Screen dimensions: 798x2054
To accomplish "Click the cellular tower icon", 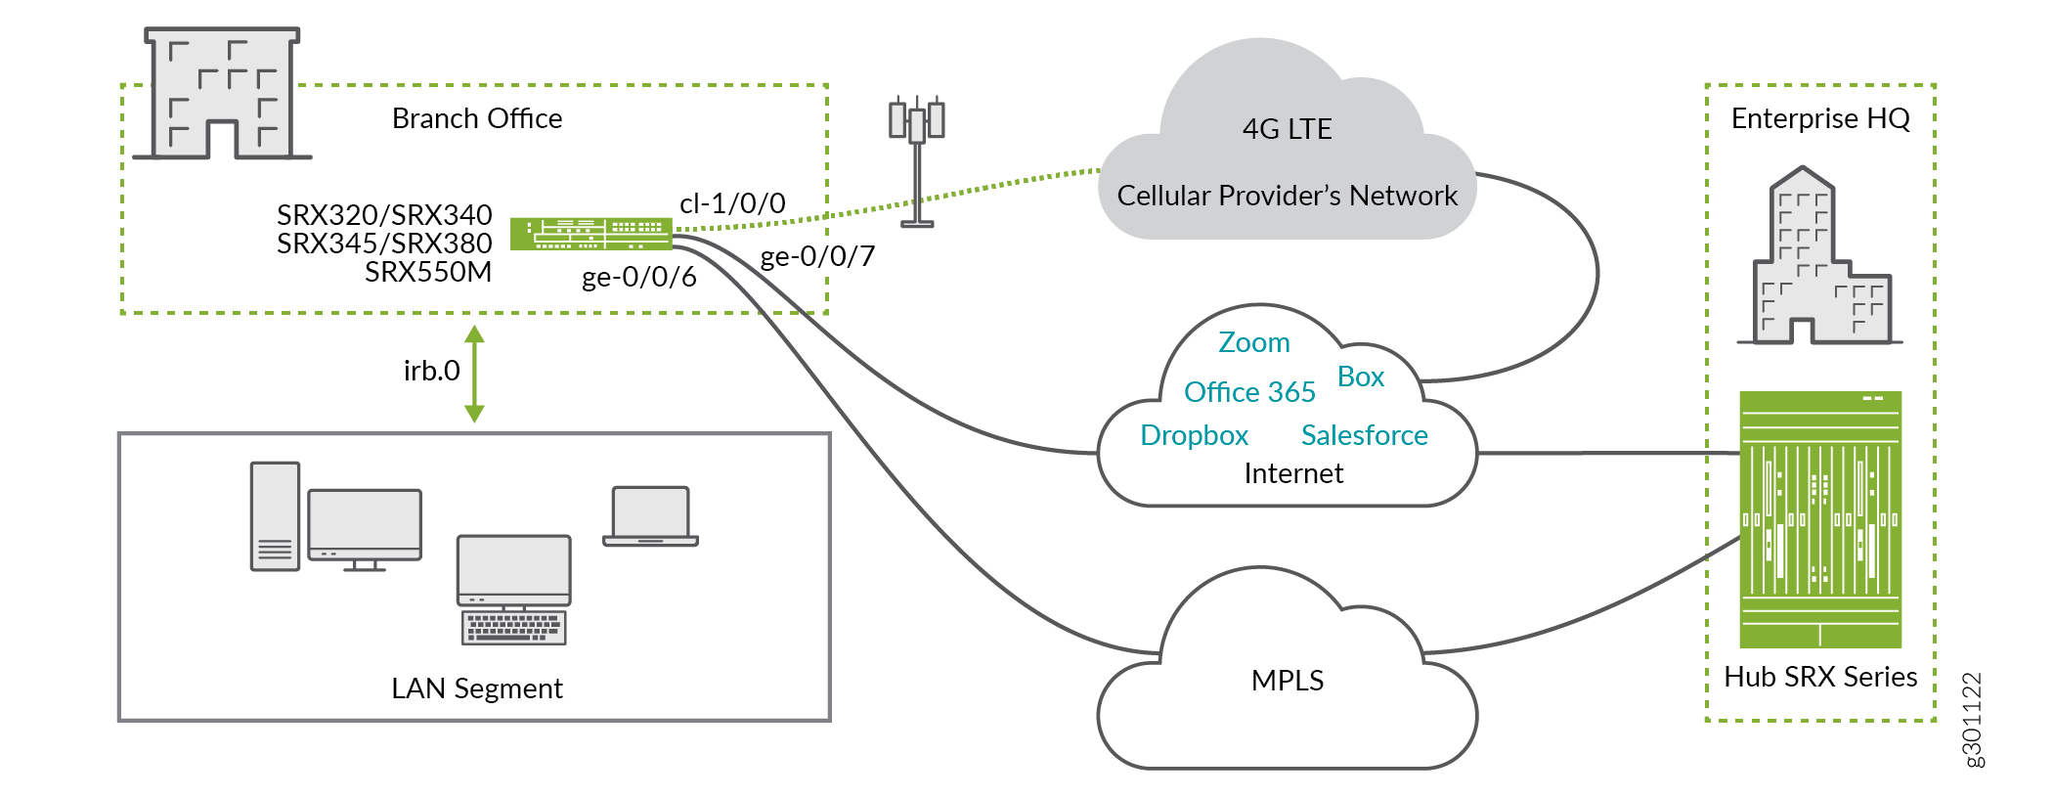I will (916, 161).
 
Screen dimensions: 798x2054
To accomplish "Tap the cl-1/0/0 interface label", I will (732, 203).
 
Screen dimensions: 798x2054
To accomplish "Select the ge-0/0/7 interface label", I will (817, 256).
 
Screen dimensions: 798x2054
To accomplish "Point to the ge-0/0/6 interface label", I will (638, 278).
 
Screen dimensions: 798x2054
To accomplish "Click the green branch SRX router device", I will (590, 234).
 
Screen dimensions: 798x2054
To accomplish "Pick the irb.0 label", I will (431, 371).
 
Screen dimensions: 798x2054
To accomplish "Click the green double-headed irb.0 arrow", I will (475, 374).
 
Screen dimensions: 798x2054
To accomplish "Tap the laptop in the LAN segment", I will (650, 515).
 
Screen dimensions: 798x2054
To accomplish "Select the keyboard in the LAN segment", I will (513, 627).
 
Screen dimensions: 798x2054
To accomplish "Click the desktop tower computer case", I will (275, 515).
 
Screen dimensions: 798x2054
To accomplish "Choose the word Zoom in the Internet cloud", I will (1253, 342).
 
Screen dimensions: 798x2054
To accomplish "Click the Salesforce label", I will (1364, 435).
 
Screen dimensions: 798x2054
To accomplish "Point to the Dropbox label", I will (1194, 435).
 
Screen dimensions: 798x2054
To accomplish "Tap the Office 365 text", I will (1249, 392).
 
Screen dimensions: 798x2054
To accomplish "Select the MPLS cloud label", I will (1287, 680).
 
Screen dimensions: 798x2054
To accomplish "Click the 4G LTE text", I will (1287, 129).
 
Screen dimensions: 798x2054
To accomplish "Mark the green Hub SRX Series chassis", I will (1819, 519).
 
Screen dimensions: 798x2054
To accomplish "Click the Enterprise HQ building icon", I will (1819, 258).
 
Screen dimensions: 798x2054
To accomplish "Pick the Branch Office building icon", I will (222, 94).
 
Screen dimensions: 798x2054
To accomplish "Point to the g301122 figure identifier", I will (1973, 720).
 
